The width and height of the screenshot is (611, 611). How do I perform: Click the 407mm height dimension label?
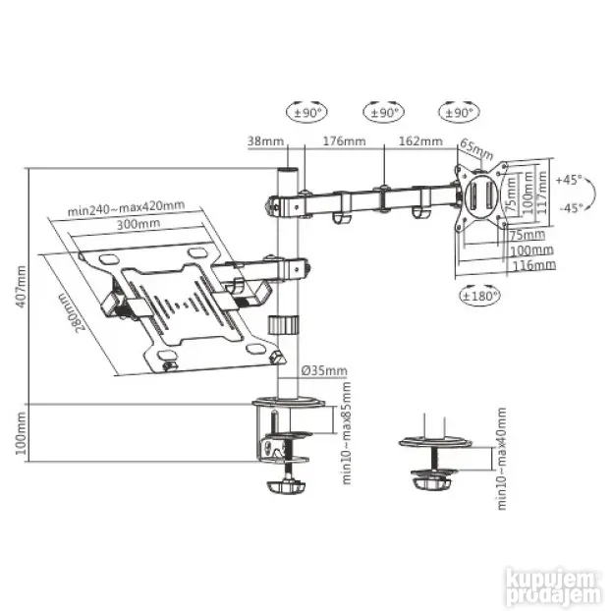click(21, 287)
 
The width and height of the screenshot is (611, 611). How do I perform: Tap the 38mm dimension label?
click(266, 140)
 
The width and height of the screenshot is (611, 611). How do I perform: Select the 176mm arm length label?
click(345, 140)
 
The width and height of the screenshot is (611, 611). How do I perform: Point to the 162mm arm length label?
click(420, 140)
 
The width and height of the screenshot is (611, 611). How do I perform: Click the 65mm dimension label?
click(476, 149)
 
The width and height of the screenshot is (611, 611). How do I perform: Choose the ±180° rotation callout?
click(479, 296)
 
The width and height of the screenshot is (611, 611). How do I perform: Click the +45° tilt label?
click(569, 180)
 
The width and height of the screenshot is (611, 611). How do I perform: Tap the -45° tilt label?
click(572, 208)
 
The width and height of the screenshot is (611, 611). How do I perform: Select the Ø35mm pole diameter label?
click(324, 370)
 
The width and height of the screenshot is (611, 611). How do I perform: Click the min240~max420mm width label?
click(126, 207)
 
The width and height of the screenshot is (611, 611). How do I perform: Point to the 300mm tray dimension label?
click(139, 224)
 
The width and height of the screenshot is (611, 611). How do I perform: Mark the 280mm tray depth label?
click(72, 312)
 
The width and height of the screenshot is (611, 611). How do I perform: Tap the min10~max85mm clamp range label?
click(347, 433)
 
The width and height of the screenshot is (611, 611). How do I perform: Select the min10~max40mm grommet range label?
click(502, 459)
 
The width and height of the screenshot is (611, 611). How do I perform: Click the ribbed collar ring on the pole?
click(283, 324)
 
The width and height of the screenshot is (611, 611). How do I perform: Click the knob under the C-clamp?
click(286, 487)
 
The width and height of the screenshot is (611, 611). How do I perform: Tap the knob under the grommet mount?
click(432, 483)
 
